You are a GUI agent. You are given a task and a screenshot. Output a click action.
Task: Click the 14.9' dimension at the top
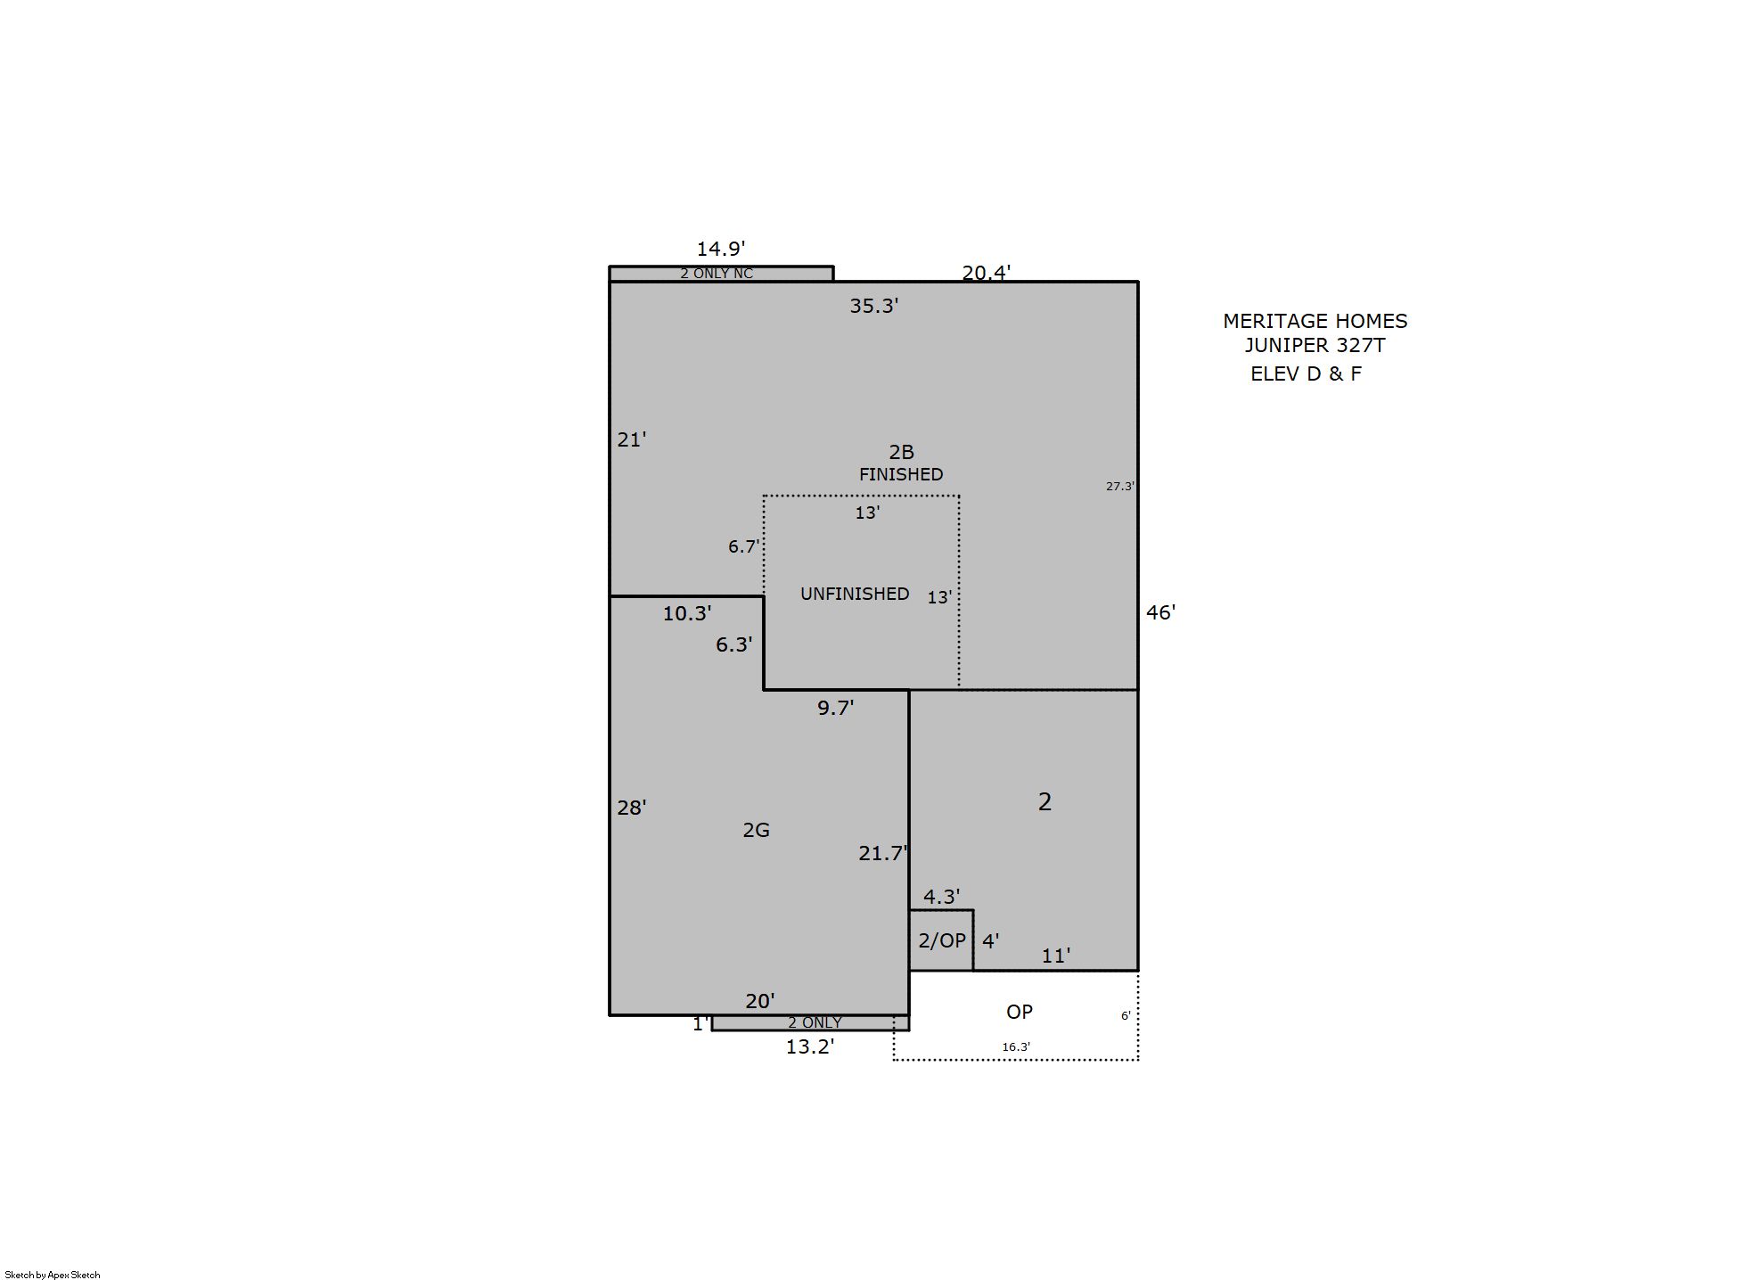tap(720, 249)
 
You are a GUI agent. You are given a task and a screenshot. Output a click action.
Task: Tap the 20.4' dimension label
tap(986, 273)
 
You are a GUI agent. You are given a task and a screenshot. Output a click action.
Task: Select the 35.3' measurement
tap(873, 306)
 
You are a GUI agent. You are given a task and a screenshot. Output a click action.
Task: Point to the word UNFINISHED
tap(855, 594)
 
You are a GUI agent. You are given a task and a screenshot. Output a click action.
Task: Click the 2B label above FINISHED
tap(901, 452)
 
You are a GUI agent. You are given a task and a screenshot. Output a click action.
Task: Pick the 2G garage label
tap(756, 830)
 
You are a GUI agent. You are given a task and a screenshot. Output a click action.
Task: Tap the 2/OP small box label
tap(942, 940)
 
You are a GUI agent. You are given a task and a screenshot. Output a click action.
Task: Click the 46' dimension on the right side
tap(1160, 612)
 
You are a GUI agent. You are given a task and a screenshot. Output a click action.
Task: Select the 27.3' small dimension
tap(1120, 486)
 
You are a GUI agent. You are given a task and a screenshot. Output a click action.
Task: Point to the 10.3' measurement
tap(686, 613)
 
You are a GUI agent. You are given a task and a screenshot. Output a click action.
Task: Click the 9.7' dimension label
tap(835, 708)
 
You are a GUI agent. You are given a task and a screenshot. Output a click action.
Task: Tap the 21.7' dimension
tap(882, 853)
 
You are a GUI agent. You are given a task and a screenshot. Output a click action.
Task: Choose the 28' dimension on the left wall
tap(631, 808)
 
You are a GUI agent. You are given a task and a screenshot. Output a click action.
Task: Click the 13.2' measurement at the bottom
tap(809, 1046)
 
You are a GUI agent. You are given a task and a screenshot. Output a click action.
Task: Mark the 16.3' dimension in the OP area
tap(1016, 1047)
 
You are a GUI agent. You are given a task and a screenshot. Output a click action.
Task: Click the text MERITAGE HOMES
tap(1315, 321)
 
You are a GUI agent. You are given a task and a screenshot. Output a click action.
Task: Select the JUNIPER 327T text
tap(1315, 345)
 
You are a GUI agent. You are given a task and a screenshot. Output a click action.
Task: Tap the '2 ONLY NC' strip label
tap(717, 274)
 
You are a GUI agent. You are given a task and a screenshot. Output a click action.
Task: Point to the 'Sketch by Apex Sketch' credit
tap(53, 1275)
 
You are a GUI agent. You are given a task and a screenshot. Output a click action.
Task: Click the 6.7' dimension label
tap(743, 546)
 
